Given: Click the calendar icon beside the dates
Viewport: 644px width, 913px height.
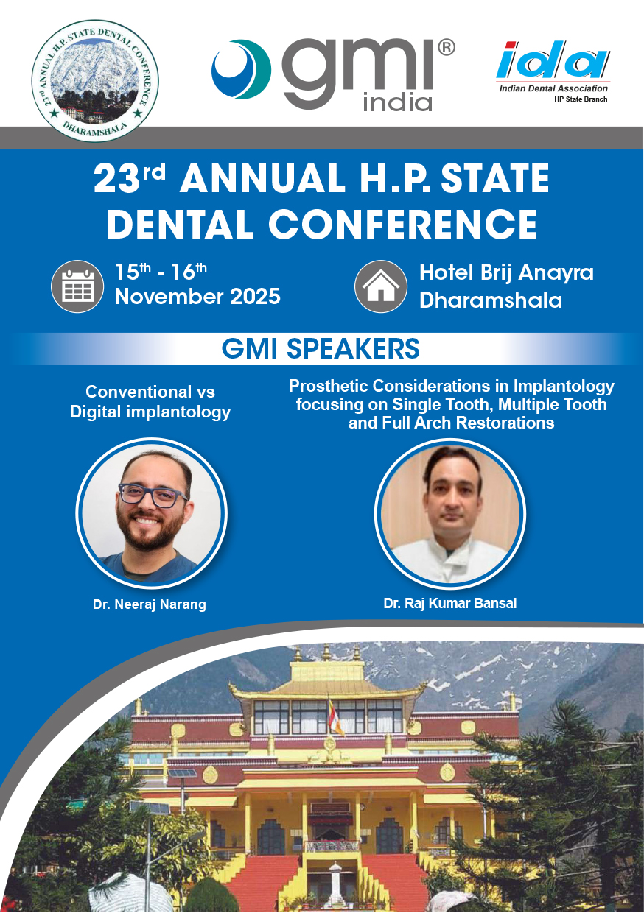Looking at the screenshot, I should point(77,286).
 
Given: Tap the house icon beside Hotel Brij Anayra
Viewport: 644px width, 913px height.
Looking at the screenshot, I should point(381,286).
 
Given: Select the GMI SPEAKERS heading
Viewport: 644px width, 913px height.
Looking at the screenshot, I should point(321,348).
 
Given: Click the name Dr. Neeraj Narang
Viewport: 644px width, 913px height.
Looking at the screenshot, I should point(150,604).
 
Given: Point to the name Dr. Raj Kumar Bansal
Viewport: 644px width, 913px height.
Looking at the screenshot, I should point(449,603).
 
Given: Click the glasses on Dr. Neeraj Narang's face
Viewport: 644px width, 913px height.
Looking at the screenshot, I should point(153,494).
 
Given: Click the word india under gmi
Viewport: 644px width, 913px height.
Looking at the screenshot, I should point(397,102).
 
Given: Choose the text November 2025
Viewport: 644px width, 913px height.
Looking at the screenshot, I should point(197,297).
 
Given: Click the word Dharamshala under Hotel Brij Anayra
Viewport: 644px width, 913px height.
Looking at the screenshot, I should point(490,300).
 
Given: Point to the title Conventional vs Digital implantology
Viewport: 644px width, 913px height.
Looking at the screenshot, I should point(150,402).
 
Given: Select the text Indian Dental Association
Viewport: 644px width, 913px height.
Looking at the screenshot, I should point(553,88).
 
